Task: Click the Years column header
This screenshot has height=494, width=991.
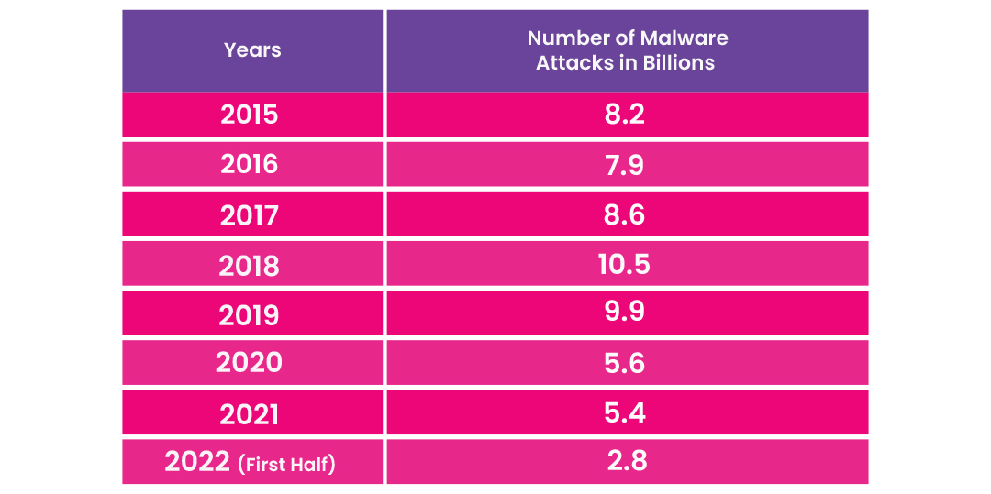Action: [252, 49]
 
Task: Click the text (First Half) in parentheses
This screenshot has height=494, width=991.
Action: [286, 465]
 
